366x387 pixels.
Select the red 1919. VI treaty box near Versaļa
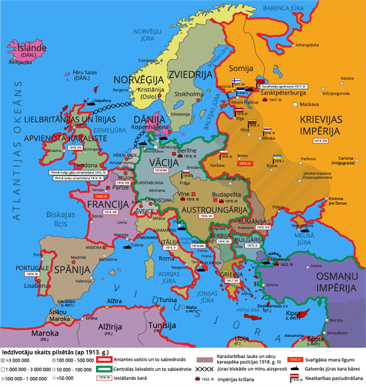tap(101, 196)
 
